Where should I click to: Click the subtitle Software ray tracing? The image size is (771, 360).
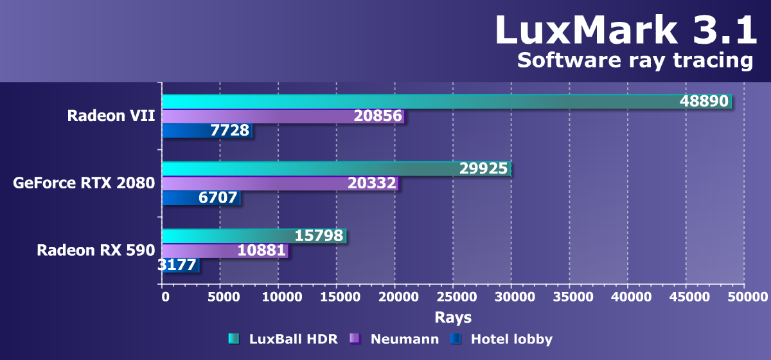click(634, 60)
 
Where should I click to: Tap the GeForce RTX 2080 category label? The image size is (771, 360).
click(84, 183)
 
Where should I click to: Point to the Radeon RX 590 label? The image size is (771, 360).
click(96, 250)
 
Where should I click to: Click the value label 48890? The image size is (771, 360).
click(705, 102)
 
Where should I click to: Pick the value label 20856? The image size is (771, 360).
click(378, 116)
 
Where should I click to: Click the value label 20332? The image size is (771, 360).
click(372, 184)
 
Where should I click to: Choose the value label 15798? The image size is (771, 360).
click(319, 236)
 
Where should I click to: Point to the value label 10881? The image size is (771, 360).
click(261, 251)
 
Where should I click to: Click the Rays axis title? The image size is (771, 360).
click(453, 317)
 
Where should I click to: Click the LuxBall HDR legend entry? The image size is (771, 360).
click(283, 339)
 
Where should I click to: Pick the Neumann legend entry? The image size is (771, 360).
click(394, 339)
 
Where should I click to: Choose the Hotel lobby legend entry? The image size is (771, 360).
click(501, 339)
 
